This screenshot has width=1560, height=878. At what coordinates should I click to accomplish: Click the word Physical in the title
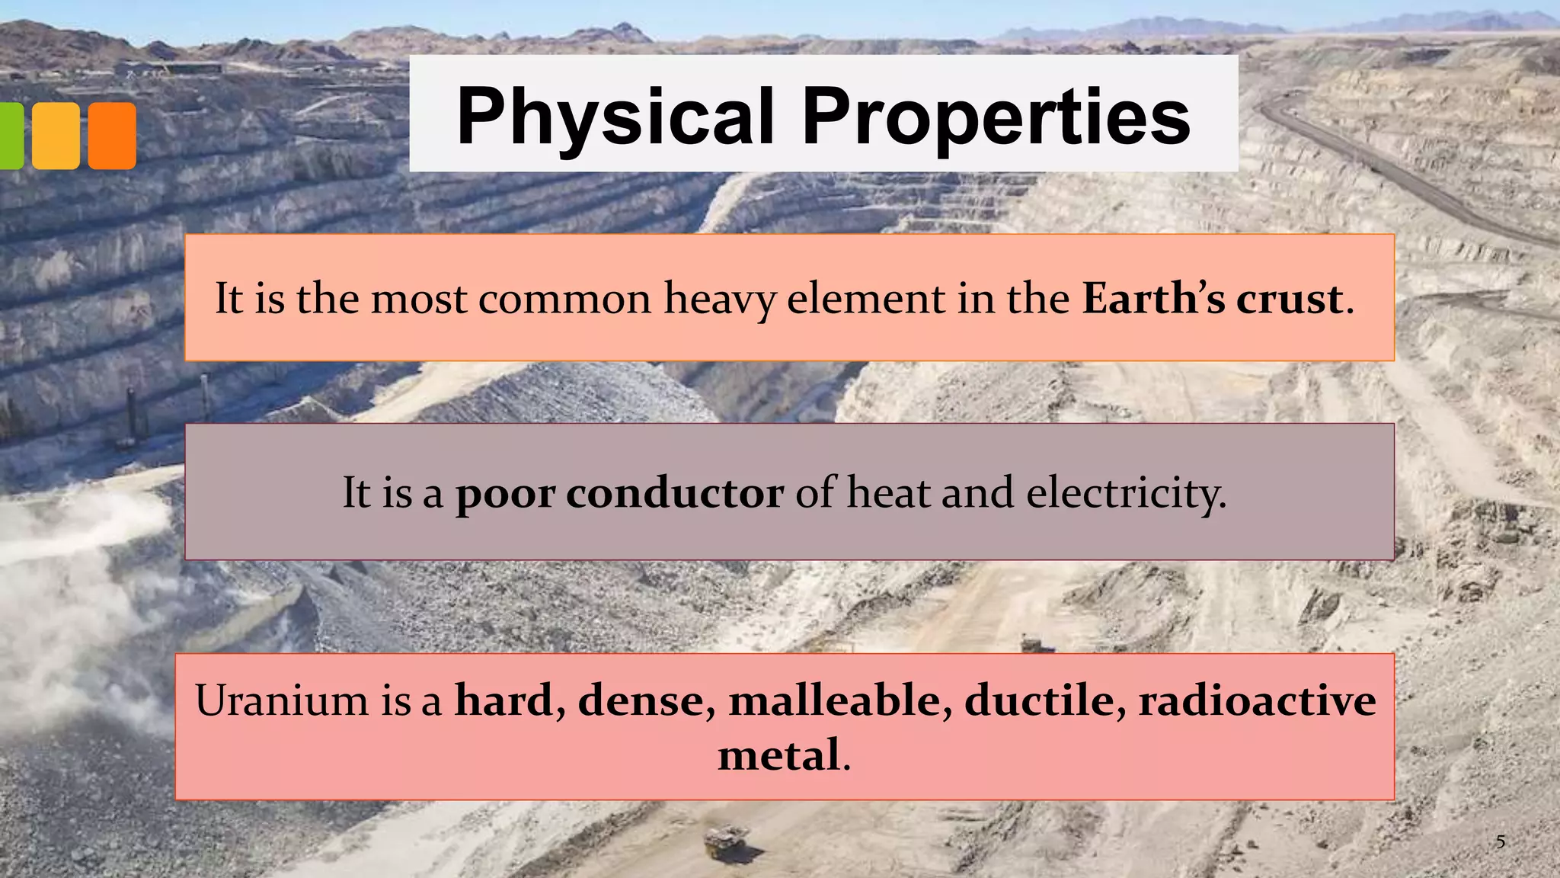tap(615, 117)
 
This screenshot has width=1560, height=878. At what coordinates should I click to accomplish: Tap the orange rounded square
tap(112, 136)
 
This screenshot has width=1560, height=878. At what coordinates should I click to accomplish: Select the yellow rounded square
tap(56, 136)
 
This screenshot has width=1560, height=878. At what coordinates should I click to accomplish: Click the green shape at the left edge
tap(11, 136)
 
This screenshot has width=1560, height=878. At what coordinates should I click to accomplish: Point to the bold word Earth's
tap(1153, 298)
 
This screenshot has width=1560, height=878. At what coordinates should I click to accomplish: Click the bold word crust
tap(1289, 298)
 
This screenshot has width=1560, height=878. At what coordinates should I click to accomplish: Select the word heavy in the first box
tap(720, 298)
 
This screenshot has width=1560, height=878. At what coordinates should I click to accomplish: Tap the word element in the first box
tap(866, 298)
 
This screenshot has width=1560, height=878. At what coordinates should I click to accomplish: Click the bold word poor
tap(505, 493)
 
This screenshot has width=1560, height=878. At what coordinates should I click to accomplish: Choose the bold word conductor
tap(674, 493)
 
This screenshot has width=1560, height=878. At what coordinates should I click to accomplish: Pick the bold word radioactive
tap(1257, 700)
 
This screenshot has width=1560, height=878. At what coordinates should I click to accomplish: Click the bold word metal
tap(778, 755)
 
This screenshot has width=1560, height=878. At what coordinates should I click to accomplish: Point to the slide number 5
tap(1501, 842)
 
